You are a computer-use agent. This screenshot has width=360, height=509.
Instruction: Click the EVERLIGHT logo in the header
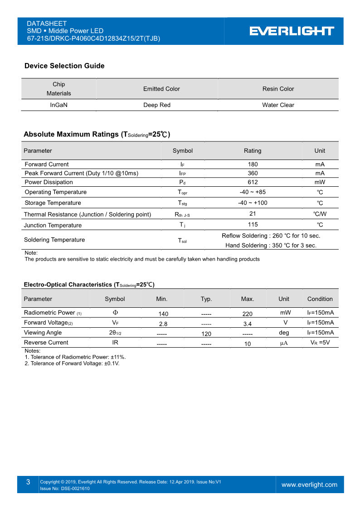point(292,31)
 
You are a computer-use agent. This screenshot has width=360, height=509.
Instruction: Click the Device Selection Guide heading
point(64,66)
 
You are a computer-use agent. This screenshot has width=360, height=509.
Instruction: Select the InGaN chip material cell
point(59,105)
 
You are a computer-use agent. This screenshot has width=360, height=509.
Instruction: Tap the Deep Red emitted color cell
point(157,105)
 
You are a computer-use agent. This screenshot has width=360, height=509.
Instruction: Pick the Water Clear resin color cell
point(278,105)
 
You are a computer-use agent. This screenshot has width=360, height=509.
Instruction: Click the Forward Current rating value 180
point(253,164)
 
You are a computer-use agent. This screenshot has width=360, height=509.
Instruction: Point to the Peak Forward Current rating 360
point(253,173)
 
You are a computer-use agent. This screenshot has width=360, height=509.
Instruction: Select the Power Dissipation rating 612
point(253,182)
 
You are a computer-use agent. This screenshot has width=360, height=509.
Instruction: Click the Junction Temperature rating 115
point(253,224)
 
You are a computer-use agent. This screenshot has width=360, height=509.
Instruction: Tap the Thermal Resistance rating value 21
point(253,213)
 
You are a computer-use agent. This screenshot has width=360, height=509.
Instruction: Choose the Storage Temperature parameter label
point(53,203)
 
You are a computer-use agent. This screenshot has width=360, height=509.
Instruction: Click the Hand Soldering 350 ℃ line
point(271,245)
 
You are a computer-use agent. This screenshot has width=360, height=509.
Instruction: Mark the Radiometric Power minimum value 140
point(163,314)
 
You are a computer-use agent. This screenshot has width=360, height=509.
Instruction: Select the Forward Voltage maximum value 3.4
point(247,324)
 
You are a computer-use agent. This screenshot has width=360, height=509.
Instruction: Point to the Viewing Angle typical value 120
point(206,334)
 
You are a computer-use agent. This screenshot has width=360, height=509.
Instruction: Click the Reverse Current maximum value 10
point(247,344)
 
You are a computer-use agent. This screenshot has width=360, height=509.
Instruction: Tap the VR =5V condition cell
point(320,343)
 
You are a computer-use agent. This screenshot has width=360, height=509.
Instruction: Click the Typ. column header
point(206,299)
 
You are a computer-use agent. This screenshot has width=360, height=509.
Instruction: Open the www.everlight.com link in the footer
point(309,485)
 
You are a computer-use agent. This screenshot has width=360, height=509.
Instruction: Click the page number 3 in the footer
point(28,482)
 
